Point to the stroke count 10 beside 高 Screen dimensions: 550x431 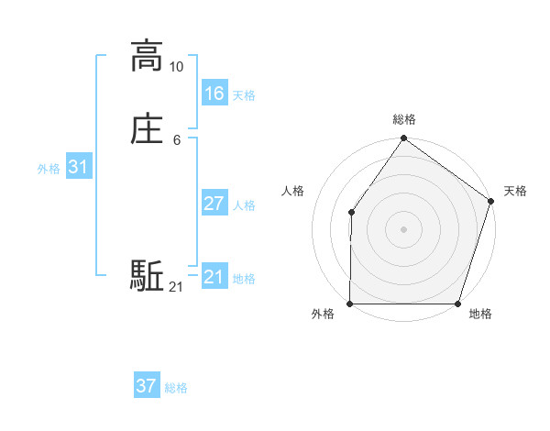pos(177,67)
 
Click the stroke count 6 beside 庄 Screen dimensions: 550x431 pos(177,140)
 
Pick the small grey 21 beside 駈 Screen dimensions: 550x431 pos(177,288)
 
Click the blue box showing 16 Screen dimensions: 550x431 pos(214,93)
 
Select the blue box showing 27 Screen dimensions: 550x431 pos(214,203)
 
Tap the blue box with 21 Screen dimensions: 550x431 pos(214,276)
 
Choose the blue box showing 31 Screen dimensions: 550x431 pos(79,167)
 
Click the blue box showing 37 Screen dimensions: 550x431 pos(147,386)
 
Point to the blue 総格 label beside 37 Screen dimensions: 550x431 pos(176,388)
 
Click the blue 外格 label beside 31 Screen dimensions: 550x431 pos(49,169)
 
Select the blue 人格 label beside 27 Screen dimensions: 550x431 pos(244,205)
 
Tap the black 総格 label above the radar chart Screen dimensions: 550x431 pos(404,119)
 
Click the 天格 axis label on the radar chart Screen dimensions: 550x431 pos(515,191)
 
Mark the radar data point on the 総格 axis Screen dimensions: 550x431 pos(404,138)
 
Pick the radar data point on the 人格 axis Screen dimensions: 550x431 pos(351,213)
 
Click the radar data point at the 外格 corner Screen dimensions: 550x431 pos(350,304)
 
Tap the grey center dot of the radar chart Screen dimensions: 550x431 pos(404,229)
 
